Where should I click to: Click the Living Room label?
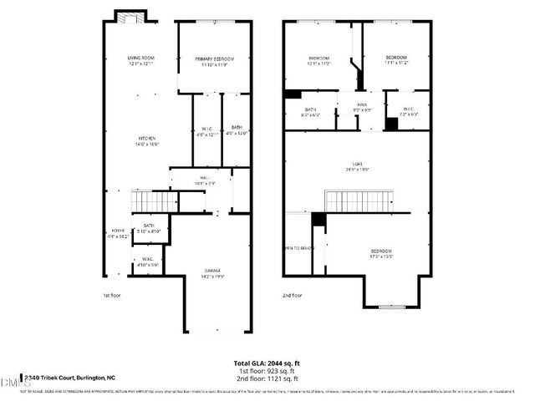pos(141,60)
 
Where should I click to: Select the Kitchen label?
pos(149,140)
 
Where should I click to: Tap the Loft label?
pos(357,165)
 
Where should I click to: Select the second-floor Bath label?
pos(310,112)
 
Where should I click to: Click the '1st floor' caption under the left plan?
pos(112,295)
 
